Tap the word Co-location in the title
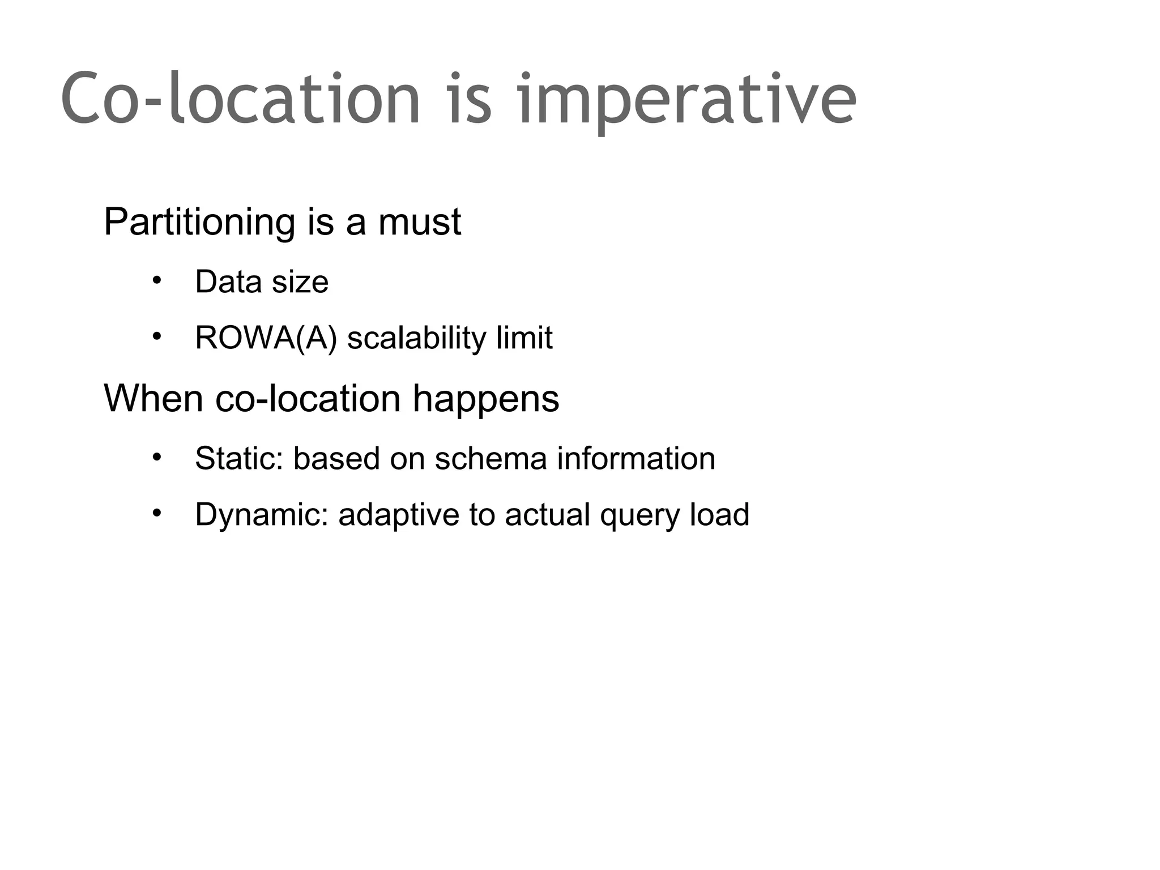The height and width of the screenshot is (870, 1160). [241, 99]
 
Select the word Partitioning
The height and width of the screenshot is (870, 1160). [199, 223]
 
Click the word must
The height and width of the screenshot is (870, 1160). [420, 223]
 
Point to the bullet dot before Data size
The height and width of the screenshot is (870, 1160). [157, 280]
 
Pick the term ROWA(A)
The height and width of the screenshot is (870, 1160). [266, 338]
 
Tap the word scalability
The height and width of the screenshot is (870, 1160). [416, 338]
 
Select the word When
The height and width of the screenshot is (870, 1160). [153, 398]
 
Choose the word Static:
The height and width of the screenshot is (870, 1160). [238, 458]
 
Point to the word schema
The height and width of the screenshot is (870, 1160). [491, 458]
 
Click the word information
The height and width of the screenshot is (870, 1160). [636, 458]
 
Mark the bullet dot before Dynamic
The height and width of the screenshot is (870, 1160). [157, 513]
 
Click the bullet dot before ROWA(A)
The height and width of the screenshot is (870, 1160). [157, 337]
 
